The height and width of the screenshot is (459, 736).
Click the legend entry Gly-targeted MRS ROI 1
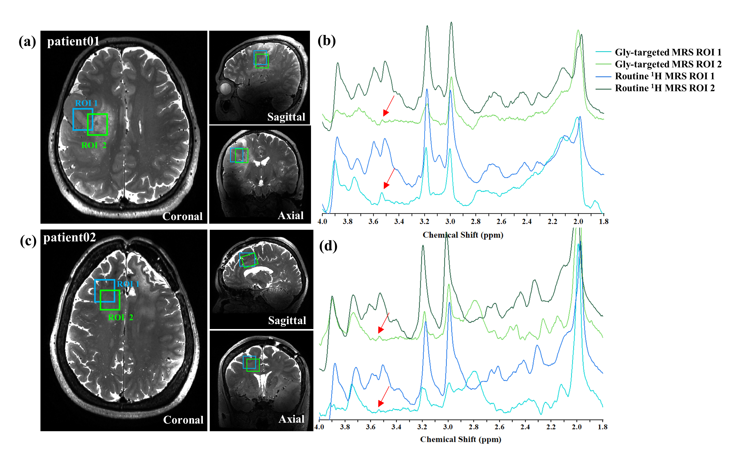pyautogui.click(x=658, y=52)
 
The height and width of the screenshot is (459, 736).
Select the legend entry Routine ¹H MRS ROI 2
pyautogui.click(x=655, y=88)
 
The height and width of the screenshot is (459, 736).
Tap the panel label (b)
pyautogui.click(x=327, y=40)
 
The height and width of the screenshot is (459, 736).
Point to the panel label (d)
pyautogui.click(x=328, y=246)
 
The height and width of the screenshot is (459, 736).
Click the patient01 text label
pyautogui.click(x=73, y=41)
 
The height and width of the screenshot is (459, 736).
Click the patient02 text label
pyautogui.click(x=70, y=237)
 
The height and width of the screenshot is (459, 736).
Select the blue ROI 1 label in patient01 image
pyautogui.click(x=86, y=103)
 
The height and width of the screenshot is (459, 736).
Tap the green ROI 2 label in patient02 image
pyautogui.click(x=121, y=318)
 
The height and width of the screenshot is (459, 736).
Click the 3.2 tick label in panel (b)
pyautogui.click(x=424, y=222)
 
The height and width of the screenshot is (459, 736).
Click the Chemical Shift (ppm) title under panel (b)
pyautogui.click(x=463, y=235)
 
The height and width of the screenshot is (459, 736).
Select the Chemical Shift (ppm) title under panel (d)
pyautogui.click(x=461, y=439)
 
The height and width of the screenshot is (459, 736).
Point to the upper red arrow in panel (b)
pyautogui.click(x=388, y=106)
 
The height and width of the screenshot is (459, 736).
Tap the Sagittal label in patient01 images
pyautogui.click(x=286, y=117)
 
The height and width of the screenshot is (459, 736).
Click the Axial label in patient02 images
pyautogui.click(x=291, y=419)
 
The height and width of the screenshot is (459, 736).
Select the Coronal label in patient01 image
pyautogui.click(x=182, y=216)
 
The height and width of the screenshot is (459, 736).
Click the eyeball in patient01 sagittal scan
pyautogui.click(x=225, y=88)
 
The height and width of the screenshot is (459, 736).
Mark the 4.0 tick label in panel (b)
pyautogui.click(x=322, y=222)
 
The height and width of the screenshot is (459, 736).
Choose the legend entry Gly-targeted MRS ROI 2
pyautogui.click(x=658, y=64)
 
